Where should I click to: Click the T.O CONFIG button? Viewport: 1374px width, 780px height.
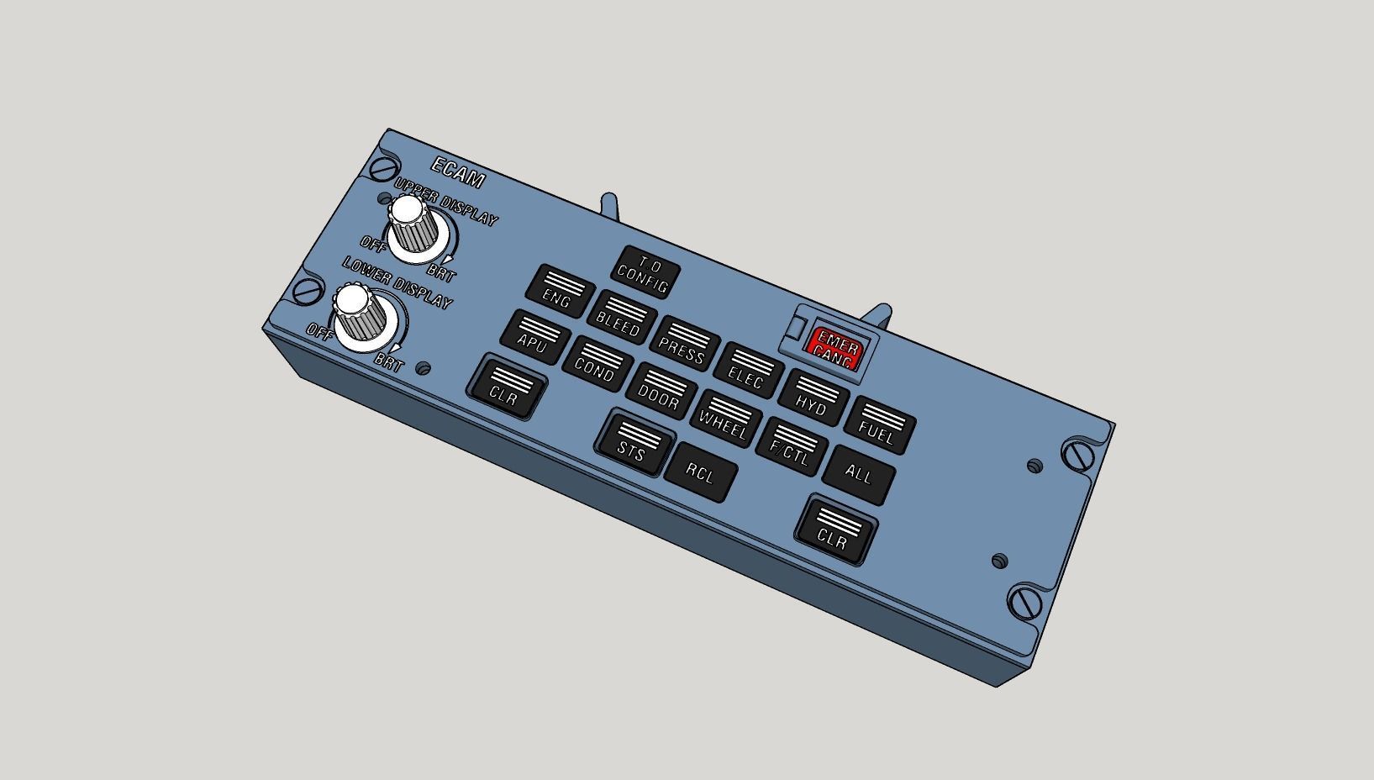click(x=645, y=272)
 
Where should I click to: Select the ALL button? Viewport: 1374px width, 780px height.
click(x=859, y=475)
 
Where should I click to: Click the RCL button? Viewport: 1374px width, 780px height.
click(x=700, y=472)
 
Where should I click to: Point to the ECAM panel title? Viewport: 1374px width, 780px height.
click(x=458, y=172)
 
